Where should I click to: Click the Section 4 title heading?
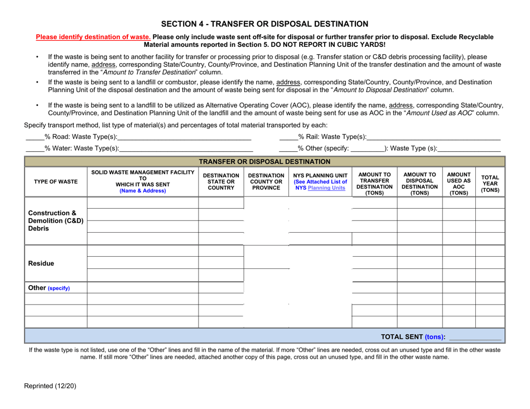point(264,24)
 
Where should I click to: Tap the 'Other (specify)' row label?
point(50,288)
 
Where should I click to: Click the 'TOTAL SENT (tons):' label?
point(412,336)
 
